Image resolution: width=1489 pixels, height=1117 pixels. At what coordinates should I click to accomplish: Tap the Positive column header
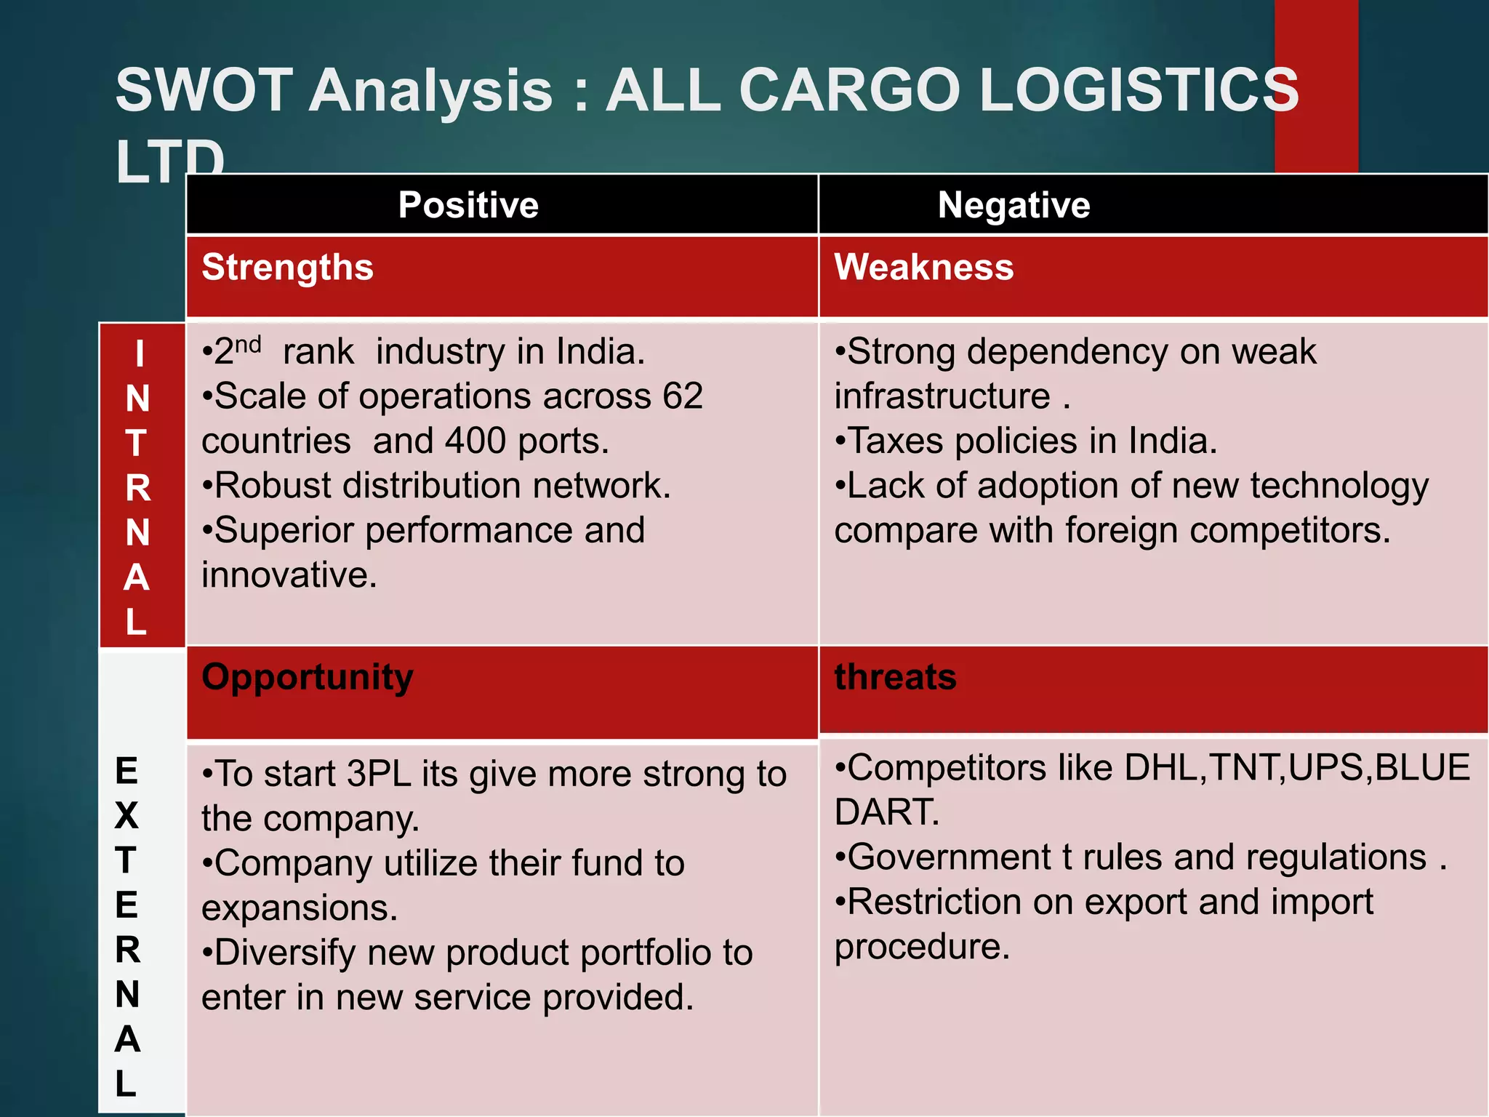tap(468, 205)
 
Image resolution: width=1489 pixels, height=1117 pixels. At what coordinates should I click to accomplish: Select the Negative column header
tap(1014, 205)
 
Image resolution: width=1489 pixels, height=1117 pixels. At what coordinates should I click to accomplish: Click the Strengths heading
tap(288, 267)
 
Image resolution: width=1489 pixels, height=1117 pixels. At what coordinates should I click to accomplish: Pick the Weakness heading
tap(923, 267)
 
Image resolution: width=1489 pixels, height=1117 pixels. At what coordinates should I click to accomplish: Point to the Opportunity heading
tap(308, 677)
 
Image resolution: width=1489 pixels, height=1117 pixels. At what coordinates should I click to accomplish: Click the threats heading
tap(895, 677)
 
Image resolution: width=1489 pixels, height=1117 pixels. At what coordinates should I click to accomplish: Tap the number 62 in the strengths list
tap(683, 396)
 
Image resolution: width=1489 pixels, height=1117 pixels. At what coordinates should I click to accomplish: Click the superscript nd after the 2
tap(248, 344)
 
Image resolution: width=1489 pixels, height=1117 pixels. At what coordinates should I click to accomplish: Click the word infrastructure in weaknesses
tap(942, 396)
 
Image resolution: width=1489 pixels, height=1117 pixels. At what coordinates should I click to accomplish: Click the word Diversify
tap(285, 953)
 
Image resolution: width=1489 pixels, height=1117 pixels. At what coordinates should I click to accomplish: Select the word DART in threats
tap(886, 812)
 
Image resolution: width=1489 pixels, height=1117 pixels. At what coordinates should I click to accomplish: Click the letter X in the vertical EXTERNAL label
tap(127, 816)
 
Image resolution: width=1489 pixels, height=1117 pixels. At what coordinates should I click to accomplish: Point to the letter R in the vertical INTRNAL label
tap(138, 488)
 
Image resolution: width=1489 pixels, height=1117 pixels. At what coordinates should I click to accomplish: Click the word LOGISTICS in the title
tap(1139, 90)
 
